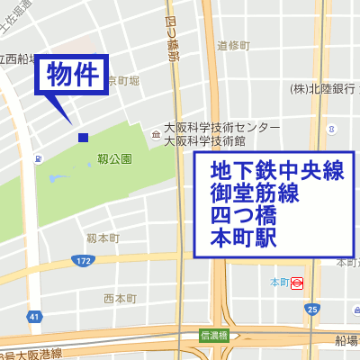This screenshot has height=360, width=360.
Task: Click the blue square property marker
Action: [x=83, y=137]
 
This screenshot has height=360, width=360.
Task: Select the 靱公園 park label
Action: [x=114, y=159]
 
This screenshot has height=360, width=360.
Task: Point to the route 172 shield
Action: [x=84, y=260]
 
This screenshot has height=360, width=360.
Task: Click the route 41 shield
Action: [x=34, y=317]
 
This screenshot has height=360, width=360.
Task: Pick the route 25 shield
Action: [x=311, y=310]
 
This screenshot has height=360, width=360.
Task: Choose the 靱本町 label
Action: [x=103, y=238]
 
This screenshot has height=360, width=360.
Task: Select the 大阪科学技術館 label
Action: [x=211, y=139]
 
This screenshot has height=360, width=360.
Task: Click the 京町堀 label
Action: [x=124, y=82]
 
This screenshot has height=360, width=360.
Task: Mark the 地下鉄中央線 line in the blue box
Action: [x=277, y=170]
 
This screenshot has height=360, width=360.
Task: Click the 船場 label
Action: [x=347, y=340]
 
